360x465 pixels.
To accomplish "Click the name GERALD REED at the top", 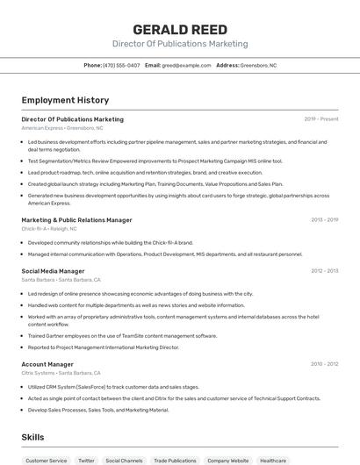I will click(179, 29).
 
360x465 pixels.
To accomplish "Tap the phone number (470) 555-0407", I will click(121, 66).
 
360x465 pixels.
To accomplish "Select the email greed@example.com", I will click(187, 66).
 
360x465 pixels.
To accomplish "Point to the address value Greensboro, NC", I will click(258, 66).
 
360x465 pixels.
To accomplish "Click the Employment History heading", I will click(65, 100).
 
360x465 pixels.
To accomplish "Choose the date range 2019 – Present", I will click(321, 119).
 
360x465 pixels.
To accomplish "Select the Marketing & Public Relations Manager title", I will click(76, 220).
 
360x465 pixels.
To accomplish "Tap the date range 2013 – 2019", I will click(324, 220).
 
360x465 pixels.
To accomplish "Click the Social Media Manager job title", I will click(53, 271).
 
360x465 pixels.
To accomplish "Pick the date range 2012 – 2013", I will click(324, 271).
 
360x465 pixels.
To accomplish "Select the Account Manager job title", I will click(47, 364).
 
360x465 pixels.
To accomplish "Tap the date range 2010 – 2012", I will click(324, 364).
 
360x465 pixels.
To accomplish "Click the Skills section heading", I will click(32, 436).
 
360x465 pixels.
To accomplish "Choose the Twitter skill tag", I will click(86, 460).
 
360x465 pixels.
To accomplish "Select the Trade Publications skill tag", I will click(175, 460).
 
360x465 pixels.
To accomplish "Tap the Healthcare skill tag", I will click(273, 460).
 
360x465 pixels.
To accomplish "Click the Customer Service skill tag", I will click(46, 460).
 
